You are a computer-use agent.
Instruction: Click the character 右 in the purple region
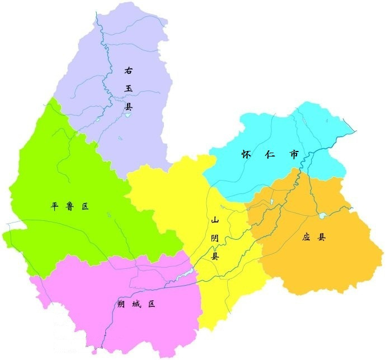tap(129, 71)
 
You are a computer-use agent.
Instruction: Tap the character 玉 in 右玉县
tap(129, 88)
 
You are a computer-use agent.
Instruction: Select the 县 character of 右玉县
tap(129, 106)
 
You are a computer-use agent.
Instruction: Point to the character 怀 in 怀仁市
tap(246, 154)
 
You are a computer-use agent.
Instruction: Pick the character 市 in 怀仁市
tap(294, 154)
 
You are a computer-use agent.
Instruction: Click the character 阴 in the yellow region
tap(215, 239)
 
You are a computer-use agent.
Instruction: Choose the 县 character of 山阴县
tap(215, 257)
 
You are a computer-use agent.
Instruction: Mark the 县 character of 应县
tap(322, 237)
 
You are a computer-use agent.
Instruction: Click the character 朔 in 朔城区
tap(121, 304)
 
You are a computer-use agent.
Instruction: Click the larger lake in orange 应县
tap(322, 215)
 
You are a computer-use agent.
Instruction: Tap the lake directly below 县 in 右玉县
tap(128, 116)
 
